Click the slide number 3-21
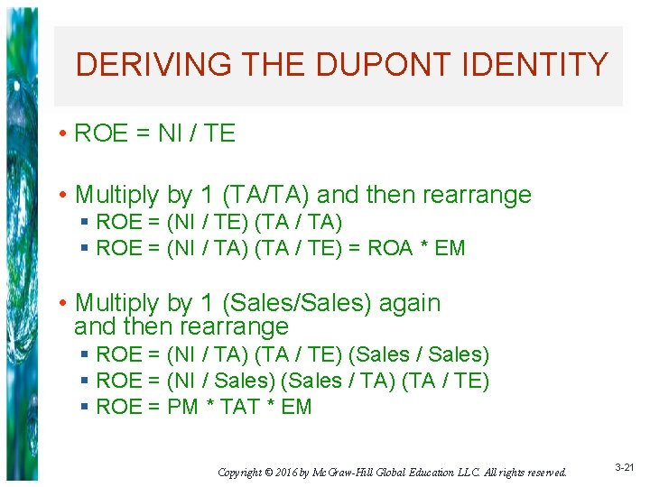(624, 467)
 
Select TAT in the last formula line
(239, 407)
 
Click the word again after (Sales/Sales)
(410, 303)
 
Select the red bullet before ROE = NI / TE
(61, 134)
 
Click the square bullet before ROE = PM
(84, 407)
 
